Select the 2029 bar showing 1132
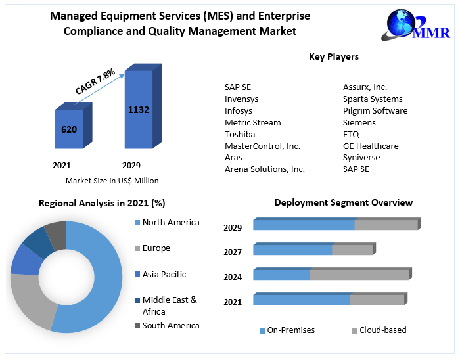click(x=139, y=109)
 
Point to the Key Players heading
click(x=334, y=57)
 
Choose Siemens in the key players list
click(x=359, y=123)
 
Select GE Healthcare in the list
click(x=371, y=146)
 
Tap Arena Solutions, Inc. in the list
click(x=265, y=169)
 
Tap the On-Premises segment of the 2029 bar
click(x=304, y=225)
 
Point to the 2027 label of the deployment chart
click(x=233, y=252)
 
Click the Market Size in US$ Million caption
click(x=112, y=181)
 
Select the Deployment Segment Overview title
click(x=344, y=203)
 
